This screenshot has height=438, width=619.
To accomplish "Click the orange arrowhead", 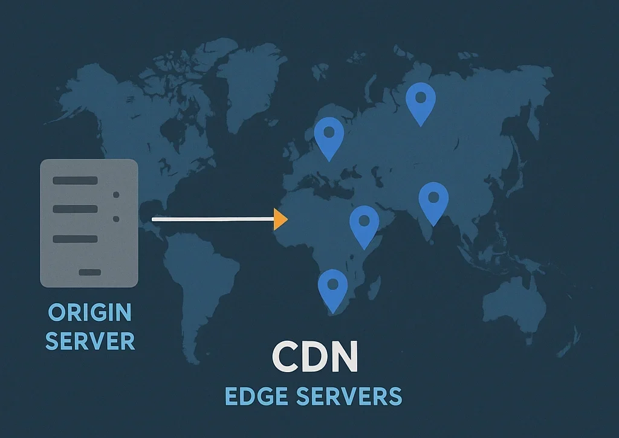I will coord(280,219).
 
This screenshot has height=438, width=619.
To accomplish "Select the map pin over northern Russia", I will coord(421,100).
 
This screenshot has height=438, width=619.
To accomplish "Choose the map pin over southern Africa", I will coord(332,288).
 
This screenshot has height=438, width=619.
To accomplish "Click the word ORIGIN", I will coord(89,313).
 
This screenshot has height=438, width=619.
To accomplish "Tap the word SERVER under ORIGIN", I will coord(90,341).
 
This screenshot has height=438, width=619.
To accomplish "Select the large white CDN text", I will coord(314,358).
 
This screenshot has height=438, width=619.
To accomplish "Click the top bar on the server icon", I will coord(75,181).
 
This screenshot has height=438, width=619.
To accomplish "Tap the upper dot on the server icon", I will coord(116,195).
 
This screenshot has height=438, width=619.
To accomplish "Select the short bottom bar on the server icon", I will coord(89,272).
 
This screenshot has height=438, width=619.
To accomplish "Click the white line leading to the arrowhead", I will coord(212,219).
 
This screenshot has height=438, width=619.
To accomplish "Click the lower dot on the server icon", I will coord(116,219).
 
